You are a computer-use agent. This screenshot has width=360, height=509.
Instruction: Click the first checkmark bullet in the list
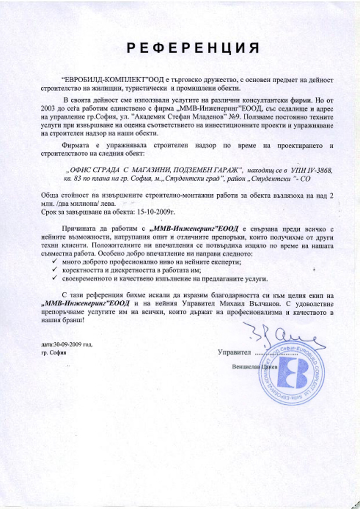(54, 262)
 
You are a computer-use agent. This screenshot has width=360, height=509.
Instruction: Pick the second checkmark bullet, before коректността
(54, 270)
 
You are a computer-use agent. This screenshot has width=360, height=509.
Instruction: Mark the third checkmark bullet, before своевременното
(54, 278)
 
